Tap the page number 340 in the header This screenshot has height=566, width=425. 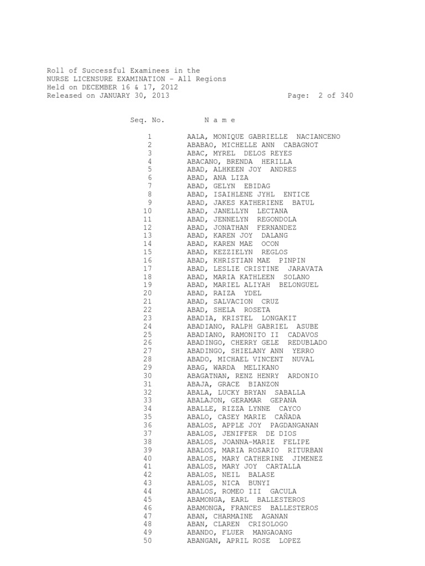(x=346, y=96)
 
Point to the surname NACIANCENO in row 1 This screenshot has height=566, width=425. (x=318, y=137)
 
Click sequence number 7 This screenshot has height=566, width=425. (x=149, y=186)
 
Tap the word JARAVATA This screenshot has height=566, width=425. (x=305, y=269)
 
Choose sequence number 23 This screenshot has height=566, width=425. (x=147, y=318)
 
